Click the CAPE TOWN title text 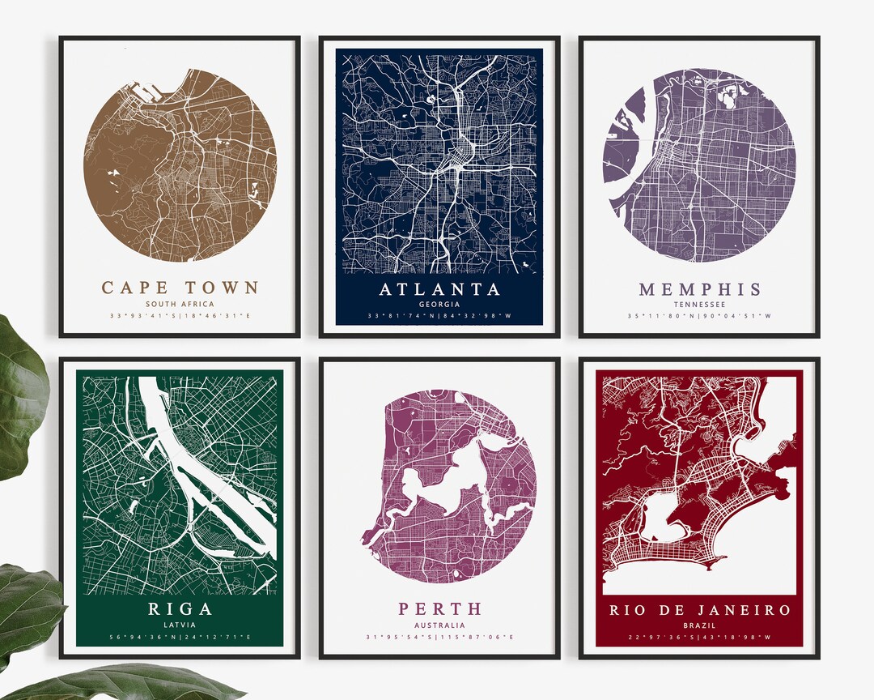pos(180,288)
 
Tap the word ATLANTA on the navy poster pos(439,289)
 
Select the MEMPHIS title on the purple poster pos(699,289)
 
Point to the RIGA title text pos(180,609)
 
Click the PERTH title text pos(439,608)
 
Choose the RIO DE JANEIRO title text pos(699,609)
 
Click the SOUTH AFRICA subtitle pos(180,304)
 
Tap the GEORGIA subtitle pos(439,304)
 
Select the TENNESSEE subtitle pos(699,305)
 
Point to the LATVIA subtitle pos(180,625)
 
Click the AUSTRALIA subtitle pos(439,625)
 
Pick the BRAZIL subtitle pos(699,625)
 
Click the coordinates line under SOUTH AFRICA pos(180,316)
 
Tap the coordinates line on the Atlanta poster pos(439,316)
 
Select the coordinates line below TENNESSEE pos(699,316)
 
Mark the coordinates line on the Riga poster pos(180,637)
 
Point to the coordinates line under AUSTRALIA pos(439,637)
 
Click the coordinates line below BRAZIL pos(699,637)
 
